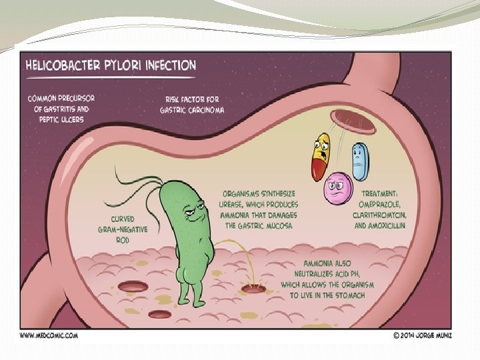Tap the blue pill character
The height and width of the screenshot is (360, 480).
click(359, 161)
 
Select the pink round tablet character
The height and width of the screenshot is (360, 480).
click(337, 189)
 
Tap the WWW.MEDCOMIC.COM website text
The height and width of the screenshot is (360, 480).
click(49, 335)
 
